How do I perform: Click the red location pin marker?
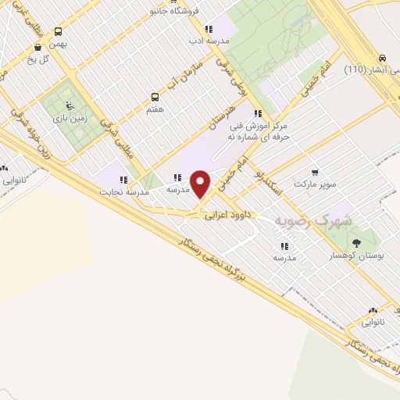201,184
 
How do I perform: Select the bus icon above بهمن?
59,32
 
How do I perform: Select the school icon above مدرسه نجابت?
123,180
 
